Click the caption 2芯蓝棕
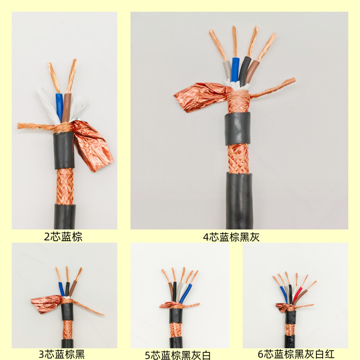click(x=63, y=237)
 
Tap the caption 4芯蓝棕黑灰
click(x=231, y=237)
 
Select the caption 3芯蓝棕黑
click(x=62, y=354)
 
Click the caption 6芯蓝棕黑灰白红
click(x=296, y=354)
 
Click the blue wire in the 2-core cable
click(x=59, y=107)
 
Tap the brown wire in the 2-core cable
click(x=67, y=107)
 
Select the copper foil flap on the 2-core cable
click(x=92, y=146)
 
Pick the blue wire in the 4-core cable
click(x=235, y=70)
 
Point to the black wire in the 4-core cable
click(x=244, y=71)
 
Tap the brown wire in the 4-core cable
click(x=252, y=72)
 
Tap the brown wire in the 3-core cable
click(x=72, y=288)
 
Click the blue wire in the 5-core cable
click(x=185, y=294)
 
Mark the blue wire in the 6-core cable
click(x=284, y=295)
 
